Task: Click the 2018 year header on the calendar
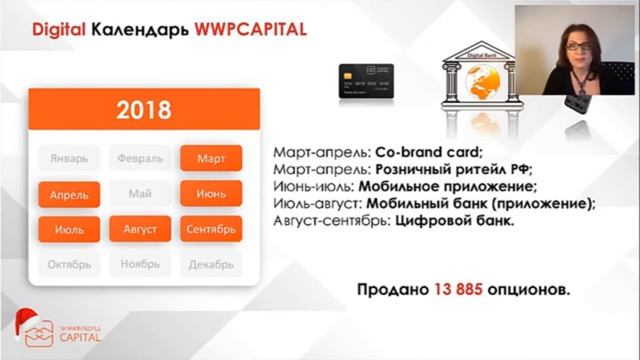pos(144,109)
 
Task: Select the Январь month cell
pos(70,159)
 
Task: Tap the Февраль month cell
pos(140,159)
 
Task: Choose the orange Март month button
pos(211,159)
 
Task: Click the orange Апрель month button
pos(70,194)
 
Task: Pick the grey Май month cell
pos(140,194)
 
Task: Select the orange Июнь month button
pos(211,194)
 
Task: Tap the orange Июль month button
pos(70,230)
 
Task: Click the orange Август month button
pos(140,230)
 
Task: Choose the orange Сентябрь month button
pos(211,230)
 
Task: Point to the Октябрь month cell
pos(70,265)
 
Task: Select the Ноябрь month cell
pos(140,265)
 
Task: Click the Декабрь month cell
pos(211,265)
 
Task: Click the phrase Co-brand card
pos(428,154)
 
